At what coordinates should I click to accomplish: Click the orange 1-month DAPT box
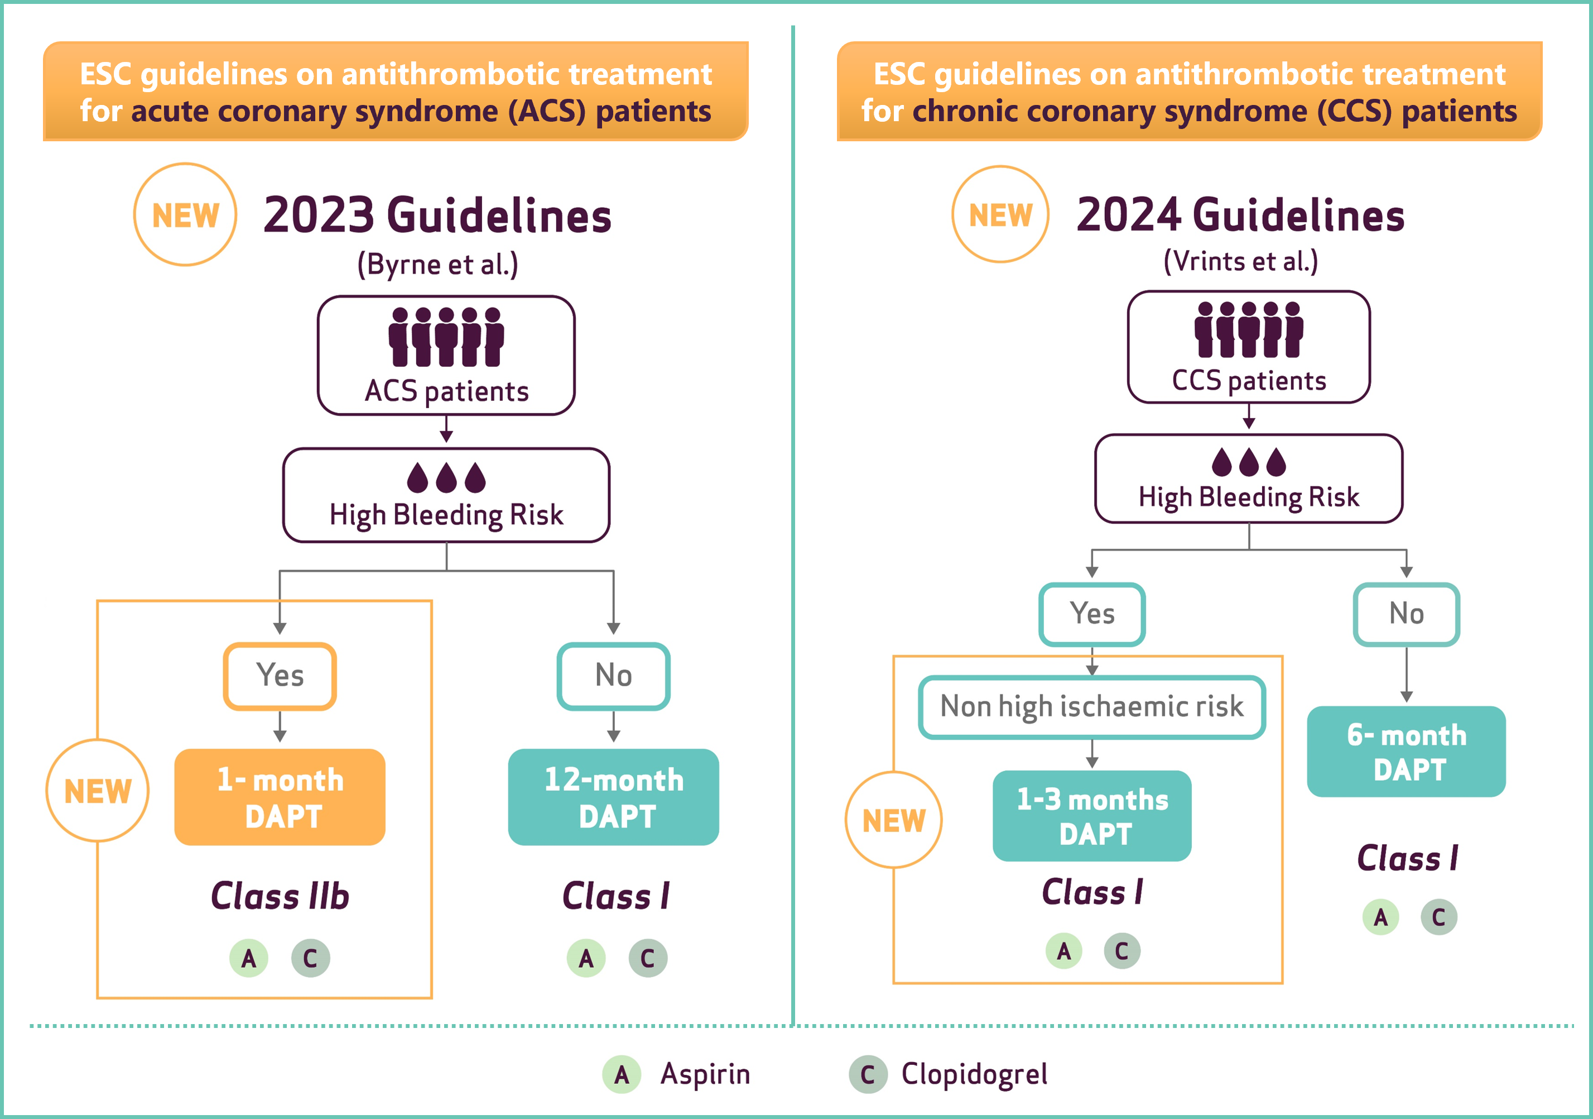(280, 796)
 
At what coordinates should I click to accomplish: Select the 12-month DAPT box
(613, 796)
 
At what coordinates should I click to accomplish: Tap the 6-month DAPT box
(1407, 751)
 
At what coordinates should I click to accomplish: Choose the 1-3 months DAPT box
(1092, 816)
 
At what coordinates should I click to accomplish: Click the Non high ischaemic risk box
(1092, 707)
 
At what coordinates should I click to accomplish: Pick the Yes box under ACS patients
(280, 676)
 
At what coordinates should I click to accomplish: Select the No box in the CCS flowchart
(1407, 614)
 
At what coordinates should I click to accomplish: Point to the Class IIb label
(280, 896)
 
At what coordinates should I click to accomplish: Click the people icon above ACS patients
(446, 337)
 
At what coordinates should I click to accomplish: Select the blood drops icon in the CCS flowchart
(1249, 462)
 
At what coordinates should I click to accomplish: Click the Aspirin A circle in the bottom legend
(622, 1074)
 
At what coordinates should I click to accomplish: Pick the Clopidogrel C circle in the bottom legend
(868, 1074)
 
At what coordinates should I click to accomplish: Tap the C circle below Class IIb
(310, 958)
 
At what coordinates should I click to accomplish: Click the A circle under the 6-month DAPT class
(1380, 917)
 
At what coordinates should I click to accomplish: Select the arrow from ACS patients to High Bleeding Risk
(446, 429)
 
